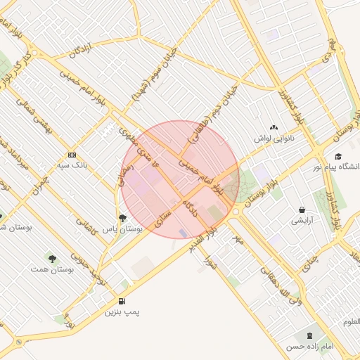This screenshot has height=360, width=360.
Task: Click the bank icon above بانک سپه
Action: pyautogui.click(x=72, y=155)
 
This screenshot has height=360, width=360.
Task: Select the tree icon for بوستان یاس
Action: pyautogui.click(x=123, y=218)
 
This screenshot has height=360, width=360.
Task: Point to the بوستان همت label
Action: pyautogui.click(x=53, y=269)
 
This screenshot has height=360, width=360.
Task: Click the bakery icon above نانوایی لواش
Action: pyautogui.click(x=274, y=127)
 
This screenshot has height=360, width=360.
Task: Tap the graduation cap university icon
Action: pyautogui.click(x=338, y=156)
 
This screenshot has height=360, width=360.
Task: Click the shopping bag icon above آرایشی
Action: pyautogui.click(x=302, y=210)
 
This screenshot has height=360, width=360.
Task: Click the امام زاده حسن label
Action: pyautogui.click(x=308, y=347)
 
